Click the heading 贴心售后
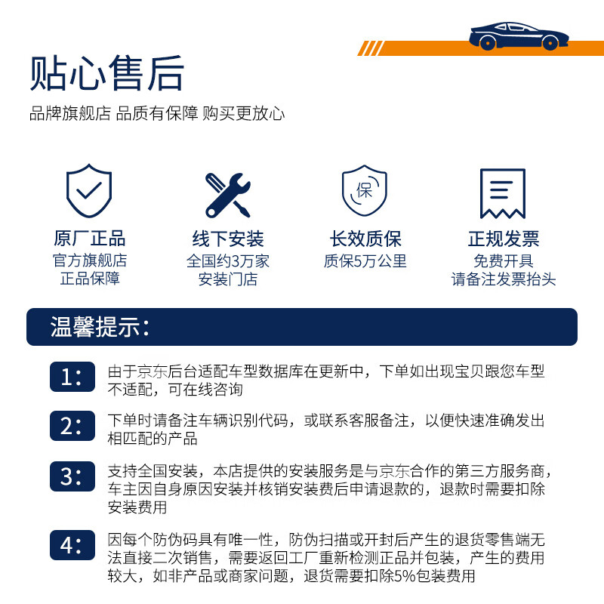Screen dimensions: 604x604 point(107,73)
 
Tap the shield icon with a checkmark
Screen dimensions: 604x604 point(89,192)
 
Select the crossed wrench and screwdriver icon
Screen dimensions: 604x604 point(227,194)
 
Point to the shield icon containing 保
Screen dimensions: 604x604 point(365,191)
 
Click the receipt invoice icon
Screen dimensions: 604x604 point(503,193)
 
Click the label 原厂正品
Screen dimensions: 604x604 point(89,239)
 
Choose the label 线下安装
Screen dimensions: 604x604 point(227,239)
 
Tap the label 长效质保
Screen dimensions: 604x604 point(365,239)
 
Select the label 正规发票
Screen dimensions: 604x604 point(503,239)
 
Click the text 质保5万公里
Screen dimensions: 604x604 point(365,261)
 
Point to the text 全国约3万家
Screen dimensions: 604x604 point(227,261)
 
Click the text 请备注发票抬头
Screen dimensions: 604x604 point(503,279)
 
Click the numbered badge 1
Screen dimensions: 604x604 point(72,377)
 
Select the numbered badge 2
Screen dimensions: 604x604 point(72,426)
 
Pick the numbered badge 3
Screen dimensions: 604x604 point(72,476)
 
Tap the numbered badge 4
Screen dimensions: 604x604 point(72,544)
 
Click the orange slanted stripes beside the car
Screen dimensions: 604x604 point(372,48)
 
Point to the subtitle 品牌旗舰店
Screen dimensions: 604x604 point(69,114)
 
